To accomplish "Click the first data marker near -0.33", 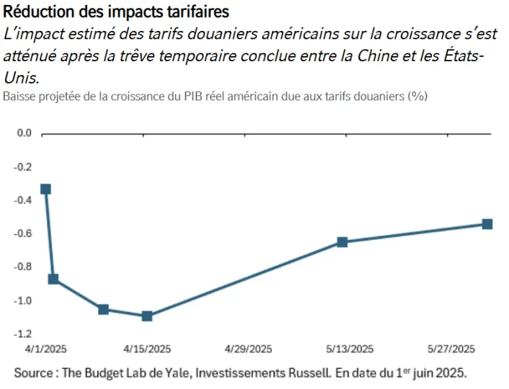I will [46, 189].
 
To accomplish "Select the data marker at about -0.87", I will [53, 279].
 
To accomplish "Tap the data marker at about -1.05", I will [103, 309].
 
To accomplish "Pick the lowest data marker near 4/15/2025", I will [147, 316].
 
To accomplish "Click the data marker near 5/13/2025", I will [342, 242].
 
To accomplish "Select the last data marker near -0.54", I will [487, 224].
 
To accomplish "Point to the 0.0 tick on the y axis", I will [25, 133].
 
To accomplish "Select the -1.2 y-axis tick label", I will [23, 334].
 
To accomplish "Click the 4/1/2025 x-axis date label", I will [46, 349].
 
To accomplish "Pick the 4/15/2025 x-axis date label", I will [147, 349].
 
